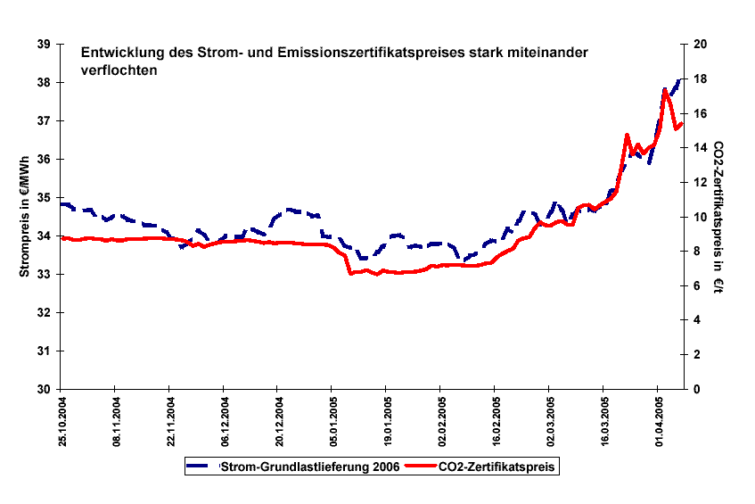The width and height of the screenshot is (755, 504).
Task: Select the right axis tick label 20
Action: (x=701, y=45)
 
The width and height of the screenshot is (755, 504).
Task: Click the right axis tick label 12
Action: (x=701, y=183)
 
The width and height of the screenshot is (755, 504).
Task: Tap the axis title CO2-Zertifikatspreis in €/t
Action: (x=718, y=217)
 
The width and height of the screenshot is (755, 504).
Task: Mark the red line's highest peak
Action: (x=665, y=90)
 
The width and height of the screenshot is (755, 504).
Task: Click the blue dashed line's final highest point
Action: (x=679, y=80)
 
